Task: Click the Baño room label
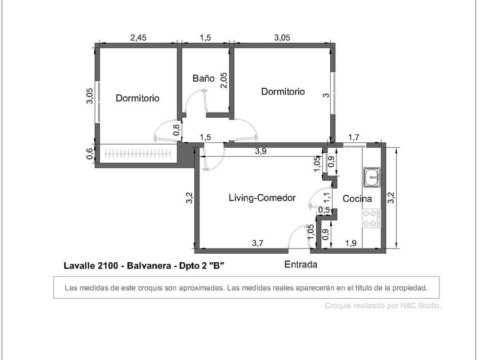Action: (x=203, y=78)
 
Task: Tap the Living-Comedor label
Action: (x=262, y=198)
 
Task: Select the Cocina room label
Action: (x=357, y=199)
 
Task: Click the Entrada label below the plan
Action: (x=301, y=264)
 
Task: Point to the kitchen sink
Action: (x=372, y=177)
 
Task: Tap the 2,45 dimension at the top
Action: (x=138, y=38)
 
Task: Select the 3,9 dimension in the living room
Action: (x=261, y=151)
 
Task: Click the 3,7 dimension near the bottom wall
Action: (x=258, y=243)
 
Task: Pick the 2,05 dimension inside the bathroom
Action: (x=224, y=80)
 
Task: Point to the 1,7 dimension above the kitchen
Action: (x=354, y=138)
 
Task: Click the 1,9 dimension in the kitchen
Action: (x=351, y=243)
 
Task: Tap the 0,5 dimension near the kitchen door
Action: (x=324, y=210)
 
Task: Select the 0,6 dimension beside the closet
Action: (x=90, y=154)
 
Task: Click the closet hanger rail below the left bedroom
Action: (x=137, y=154)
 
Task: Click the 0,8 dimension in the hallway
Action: (x=177, y=130)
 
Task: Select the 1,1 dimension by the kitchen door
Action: (x=327, y=197)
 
